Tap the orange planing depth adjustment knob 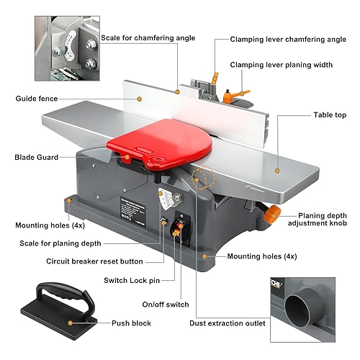(271, 214)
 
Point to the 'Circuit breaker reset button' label (94, 261)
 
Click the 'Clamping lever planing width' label (282, 65)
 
